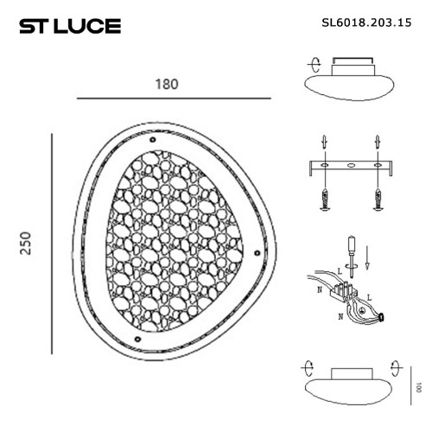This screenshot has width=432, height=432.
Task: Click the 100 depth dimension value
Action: (x=418, y=388)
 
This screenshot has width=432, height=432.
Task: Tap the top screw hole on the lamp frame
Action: (x=152, y=139)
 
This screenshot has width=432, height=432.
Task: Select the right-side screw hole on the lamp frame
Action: (x=257, y=252)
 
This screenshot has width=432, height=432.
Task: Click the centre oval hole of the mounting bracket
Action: (x=351, y=164)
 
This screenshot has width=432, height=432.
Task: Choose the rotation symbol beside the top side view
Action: (x=314, y=65)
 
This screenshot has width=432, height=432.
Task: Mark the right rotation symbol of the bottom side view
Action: (x=396, y=365)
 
